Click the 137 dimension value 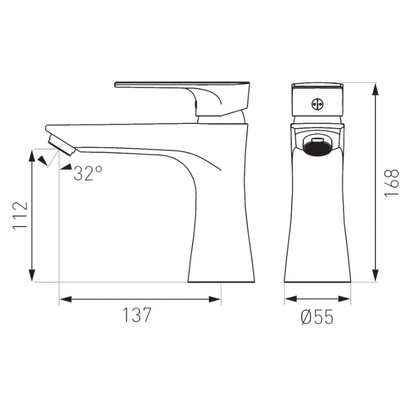coord(137,315)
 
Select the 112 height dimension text coord(20,215)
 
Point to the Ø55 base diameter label coord(317,317)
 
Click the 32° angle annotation coord(88,173)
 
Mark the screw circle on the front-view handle coord(317,104)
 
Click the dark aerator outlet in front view coord(317,150)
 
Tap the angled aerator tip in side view coord(61,145)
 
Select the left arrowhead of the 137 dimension coord(66,299)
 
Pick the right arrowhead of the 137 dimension coord(215,299)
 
